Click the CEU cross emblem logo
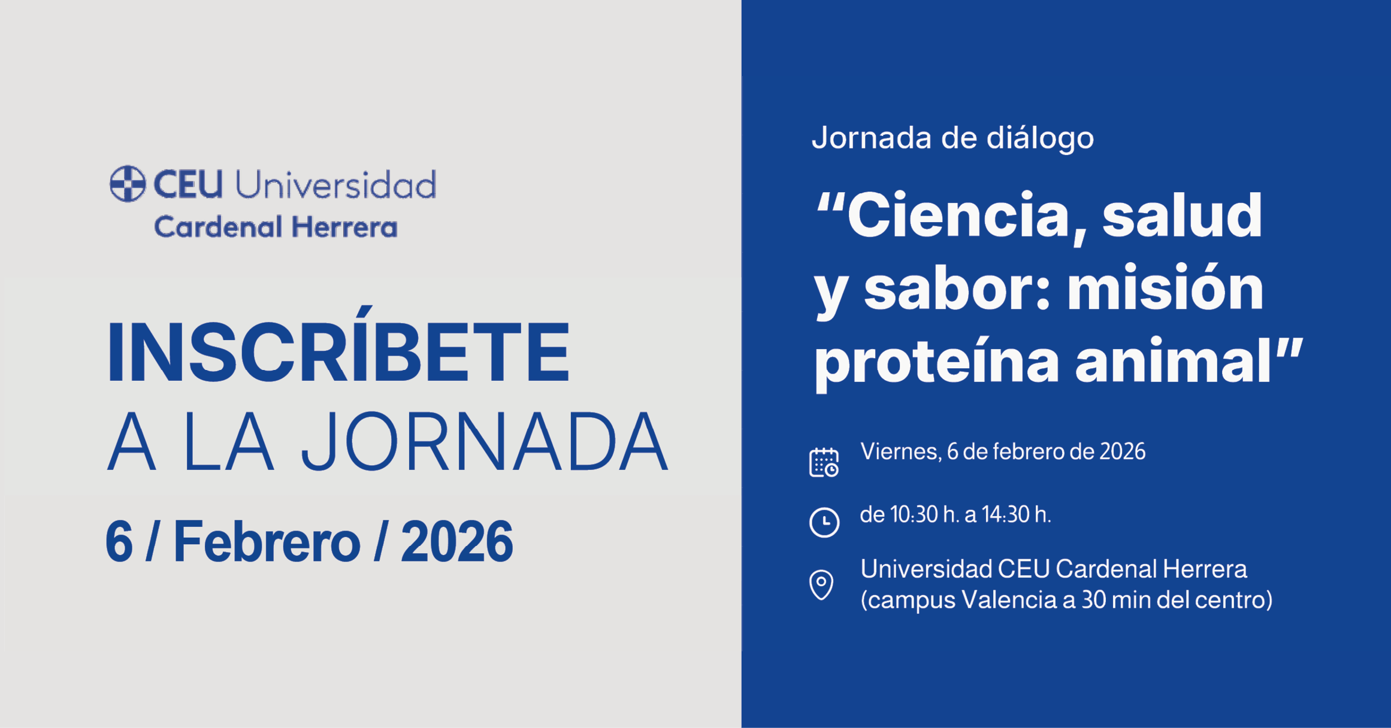point(128,184)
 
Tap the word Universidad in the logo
point(335,184)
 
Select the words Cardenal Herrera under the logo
point(276,227)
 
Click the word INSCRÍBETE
point(338,352)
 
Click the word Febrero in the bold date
point(267,542)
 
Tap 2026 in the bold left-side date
point(456,542)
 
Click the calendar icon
point(824,462)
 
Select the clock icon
point(824,522)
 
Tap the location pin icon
point(821,584)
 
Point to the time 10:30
point(914,515)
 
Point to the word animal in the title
point(1174,361)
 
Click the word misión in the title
point(1165,289)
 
